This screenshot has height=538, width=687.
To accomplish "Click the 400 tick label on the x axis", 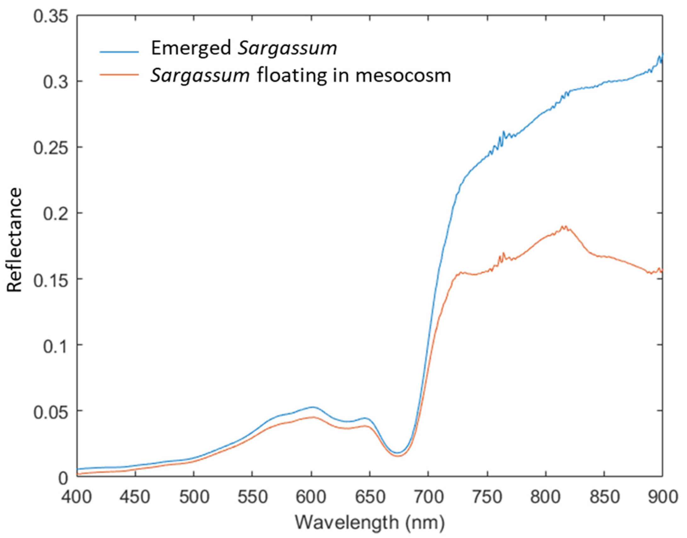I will (77, 497).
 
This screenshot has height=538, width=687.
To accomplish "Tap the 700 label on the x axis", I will (428, 497).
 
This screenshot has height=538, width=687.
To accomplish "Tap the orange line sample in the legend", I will (119, 74).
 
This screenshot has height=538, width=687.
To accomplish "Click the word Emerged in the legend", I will (191, 49).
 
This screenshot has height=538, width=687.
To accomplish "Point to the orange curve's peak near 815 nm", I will (564, 226).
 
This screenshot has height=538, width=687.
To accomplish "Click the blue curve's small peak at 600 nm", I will (312, 407).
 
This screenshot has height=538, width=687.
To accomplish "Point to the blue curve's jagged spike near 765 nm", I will (503, 132).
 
